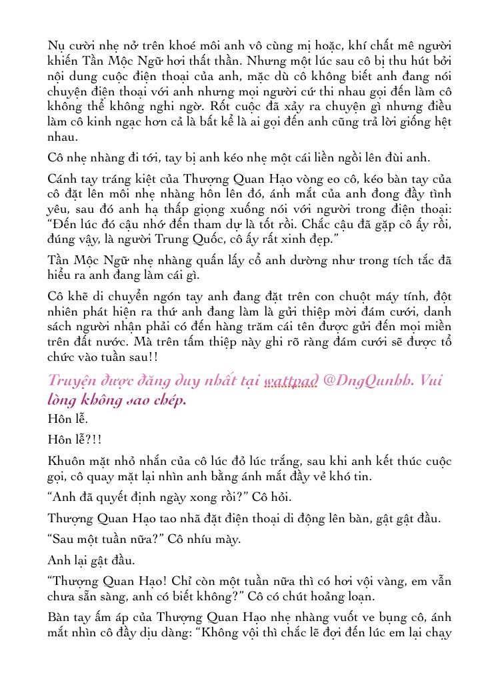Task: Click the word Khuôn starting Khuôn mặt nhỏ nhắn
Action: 69,461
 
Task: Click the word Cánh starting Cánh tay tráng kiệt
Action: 66,179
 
